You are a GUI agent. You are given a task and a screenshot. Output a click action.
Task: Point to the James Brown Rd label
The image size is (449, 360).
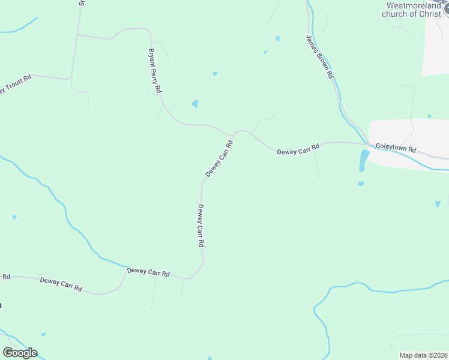pos(319,58)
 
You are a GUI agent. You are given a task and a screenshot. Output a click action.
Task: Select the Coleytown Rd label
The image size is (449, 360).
pos(396,148)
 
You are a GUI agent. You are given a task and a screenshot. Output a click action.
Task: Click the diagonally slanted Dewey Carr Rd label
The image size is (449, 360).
pos(219,158)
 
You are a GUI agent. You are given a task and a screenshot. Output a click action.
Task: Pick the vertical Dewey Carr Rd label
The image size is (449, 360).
pos(201,226)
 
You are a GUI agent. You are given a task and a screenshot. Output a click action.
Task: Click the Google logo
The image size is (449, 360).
pos(20,353)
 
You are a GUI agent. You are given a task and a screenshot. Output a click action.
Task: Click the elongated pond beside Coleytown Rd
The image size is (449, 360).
pos(364,160)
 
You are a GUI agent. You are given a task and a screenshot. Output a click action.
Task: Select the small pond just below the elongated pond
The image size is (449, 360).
pos(360,184)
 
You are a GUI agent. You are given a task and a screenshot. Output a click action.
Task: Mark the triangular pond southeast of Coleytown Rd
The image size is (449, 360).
pos(438,205)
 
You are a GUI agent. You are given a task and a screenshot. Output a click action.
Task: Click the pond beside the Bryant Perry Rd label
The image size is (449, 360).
pos(194,104)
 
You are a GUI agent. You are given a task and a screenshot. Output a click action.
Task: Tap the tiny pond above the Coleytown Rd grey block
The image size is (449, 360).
pos(429,116)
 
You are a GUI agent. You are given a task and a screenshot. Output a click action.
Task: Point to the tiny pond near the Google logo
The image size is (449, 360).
pos(43,335)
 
